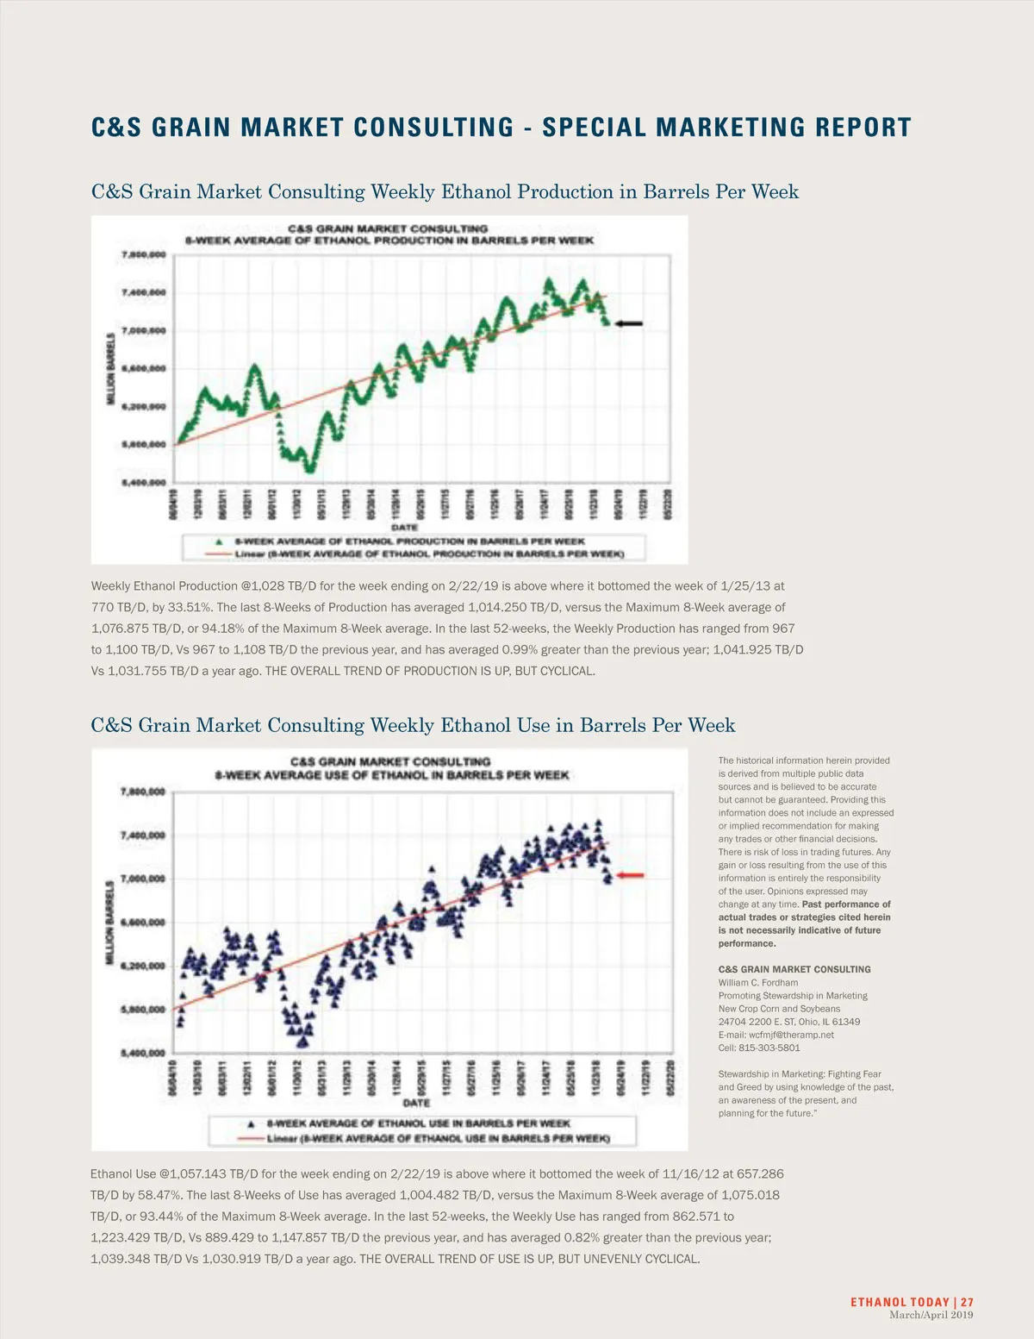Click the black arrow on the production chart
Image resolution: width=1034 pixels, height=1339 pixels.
tap(629, 323)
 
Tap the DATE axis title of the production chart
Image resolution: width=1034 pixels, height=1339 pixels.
tap(405, 527)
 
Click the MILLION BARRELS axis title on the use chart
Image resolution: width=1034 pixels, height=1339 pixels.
tap(109, 923)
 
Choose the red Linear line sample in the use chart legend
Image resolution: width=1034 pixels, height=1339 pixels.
tap(249, 1138)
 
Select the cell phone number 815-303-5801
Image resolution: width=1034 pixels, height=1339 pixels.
tap(769, 1048)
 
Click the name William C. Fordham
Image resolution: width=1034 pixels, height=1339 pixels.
tap(758, 983)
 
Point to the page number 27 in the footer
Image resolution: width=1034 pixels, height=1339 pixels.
tap(967, 1302)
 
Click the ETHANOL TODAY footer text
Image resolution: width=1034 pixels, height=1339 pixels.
tap(900, 1302)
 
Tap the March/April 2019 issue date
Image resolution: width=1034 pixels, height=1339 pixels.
tap(931, 1315)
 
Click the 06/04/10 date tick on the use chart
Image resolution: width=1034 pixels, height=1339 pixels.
tap(173, 1079)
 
